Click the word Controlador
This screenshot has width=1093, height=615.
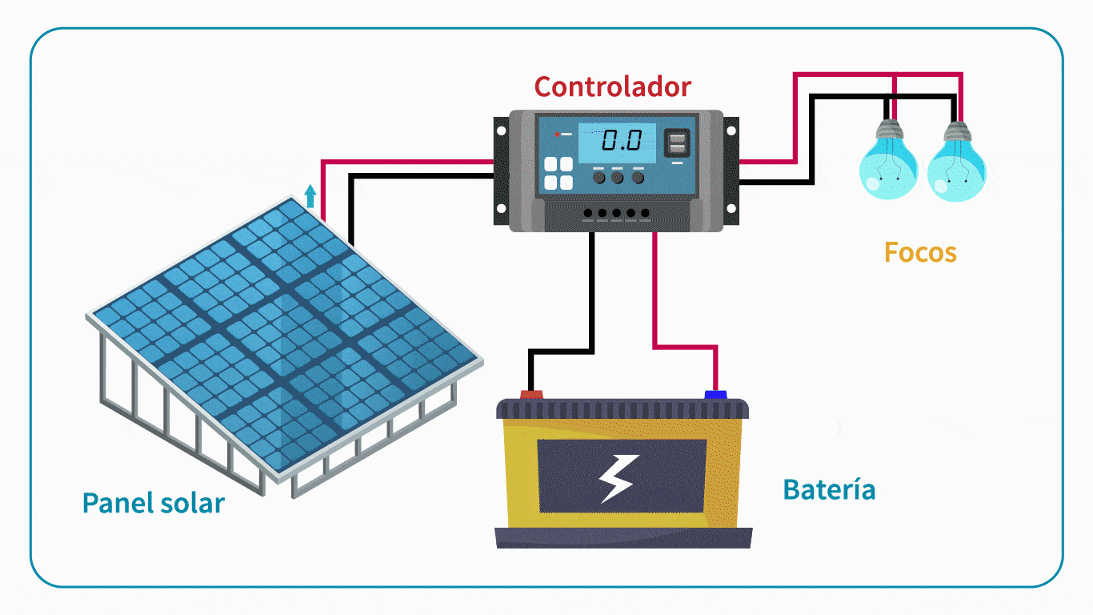(x=612, y=86)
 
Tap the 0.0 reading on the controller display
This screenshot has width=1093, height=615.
(x=622, y=142)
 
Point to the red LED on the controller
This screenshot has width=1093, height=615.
(x=558, y=134)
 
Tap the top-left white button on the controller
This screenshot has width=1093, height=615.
(x=551, y=165)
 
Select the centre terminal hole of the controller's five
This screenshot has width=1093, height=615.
(x=616, y=214)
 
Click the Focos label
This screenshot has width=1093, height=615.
(x=920, y=253)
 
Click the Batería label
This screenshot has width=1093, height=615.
(x=829, y=489)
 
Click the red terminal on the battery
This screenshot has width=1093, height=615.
(x=530, y=394)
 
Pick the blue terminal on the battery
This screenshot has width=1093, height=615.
(x=715, y=394)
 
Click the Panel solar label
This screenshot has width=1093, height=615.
(x=153, y=504)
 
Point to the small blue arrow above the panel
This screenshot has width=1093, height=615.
(x=310, y=195)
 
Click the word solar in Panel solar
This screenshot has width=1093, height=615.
(x=192, y=504)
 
